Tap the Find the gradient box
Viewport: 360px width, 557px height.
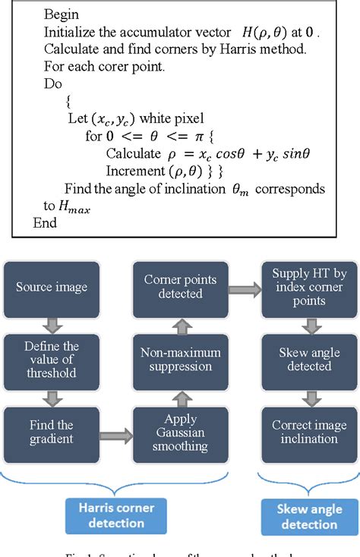52,433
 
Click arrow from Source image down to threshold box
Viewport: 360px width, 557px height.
52,324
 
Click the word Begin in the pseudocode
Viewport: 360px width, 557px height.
62,14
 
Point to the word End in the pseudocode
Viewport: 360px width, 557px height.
45,222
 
